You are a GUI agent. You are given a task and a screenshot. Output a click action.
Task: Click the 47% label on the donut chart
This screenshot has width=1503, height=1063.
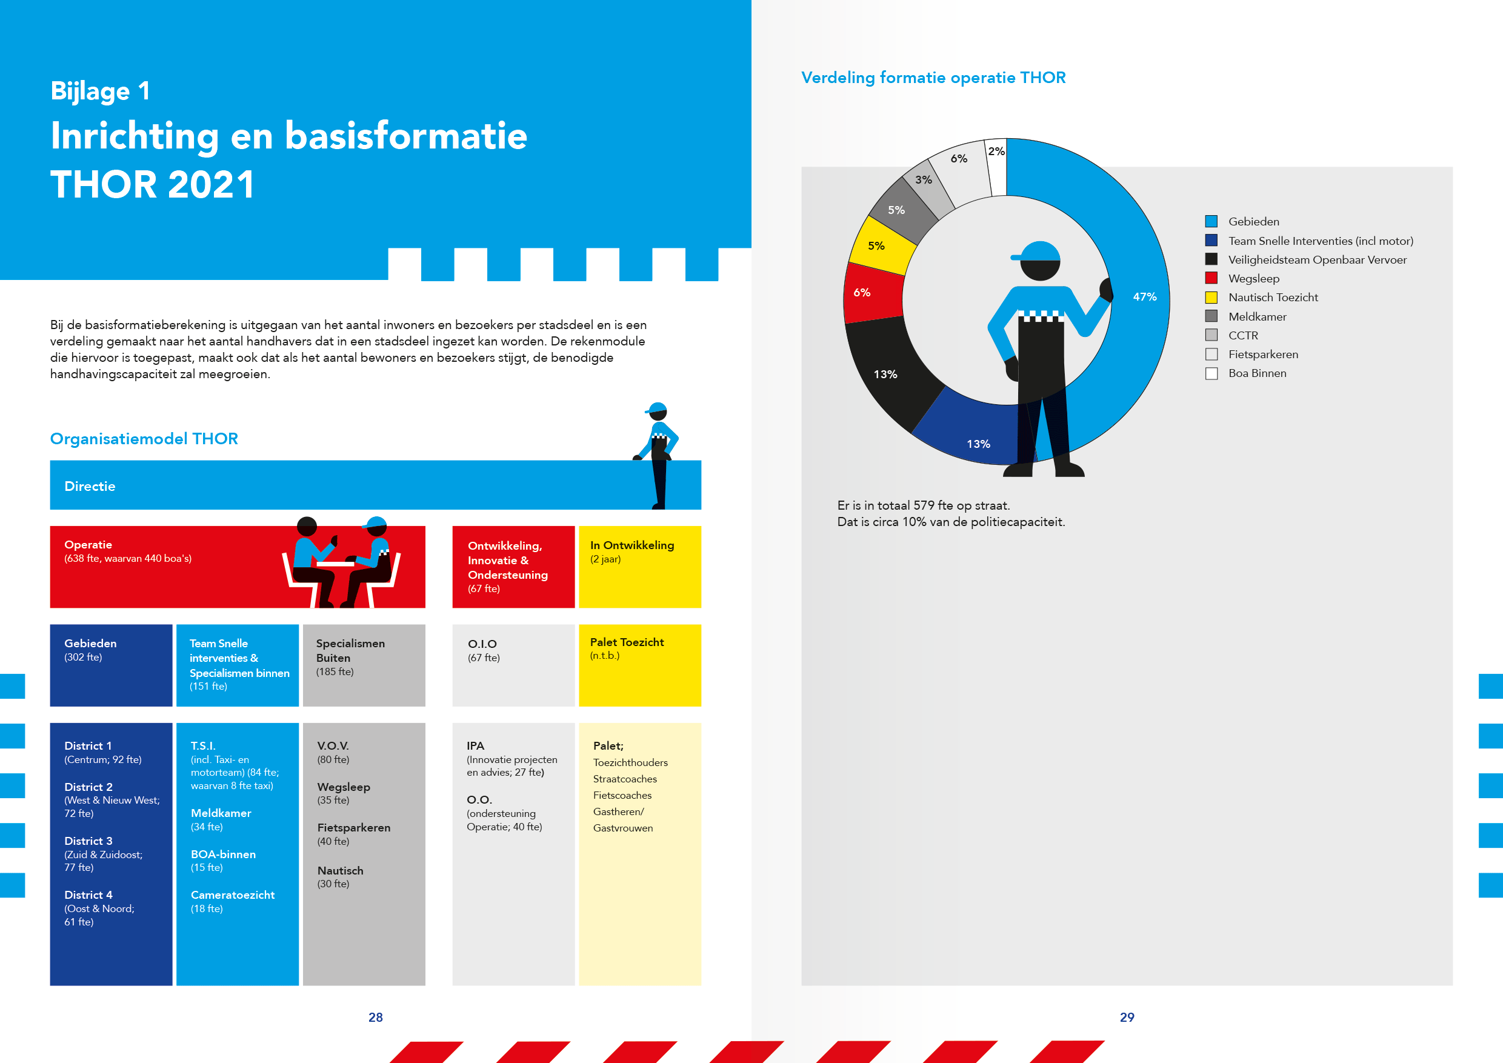pos(1144,296)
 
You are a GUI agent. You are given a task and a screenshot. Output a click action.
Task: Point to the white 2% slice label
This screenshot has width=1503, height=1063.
pos(996,151)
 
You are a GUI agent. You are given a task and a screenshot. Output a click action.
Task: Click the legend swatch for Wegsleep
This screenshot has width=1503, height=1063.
pos(1211,278)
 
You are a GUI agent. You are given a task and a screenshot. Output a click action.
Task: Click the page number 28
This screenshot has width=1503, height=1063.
pos(376,1017)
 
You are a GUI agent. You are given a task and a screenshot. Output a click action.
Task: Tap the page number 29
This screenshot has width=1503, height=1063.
pos(1127,1017)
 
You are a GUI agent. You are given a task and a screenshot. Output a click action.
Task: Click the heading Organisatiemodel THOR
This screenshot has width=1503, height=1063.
pos(144,439)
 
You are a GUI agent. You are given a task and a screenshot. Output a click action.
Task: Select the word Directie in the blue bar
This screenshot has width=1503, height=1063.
pos(90,485)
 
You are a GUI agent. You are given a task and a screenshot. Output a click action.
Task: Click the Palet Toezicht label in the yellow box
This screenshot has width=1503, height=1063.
pos(627,642)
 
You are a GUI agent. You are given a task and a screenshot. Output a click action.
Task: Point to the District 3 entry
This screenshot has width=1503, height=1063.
pos(88,841)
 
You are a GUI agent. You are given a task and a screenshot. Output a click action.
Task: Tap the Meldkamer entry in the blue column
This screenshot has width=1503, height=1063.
pos(221,813)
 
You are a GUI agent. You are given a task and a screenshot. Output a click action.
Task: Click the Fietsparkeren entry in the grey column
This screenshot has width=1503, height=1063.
pos(353,827)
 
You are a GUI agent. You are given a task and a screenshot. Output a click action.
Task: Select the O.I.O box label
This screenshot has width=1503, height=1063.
pos(482,644)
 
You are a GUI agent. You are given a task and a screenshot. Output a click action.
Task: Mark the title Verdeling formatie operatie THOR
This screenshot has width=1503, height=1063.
pos(933,78)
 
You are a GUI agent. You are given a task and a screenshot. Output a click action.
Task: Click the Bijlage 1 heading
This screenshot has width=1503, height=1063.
pos(100,91)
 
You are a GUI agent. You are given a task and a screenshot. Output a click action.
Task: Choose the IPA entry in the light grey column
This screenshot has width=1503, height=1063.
pos(475,745)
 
